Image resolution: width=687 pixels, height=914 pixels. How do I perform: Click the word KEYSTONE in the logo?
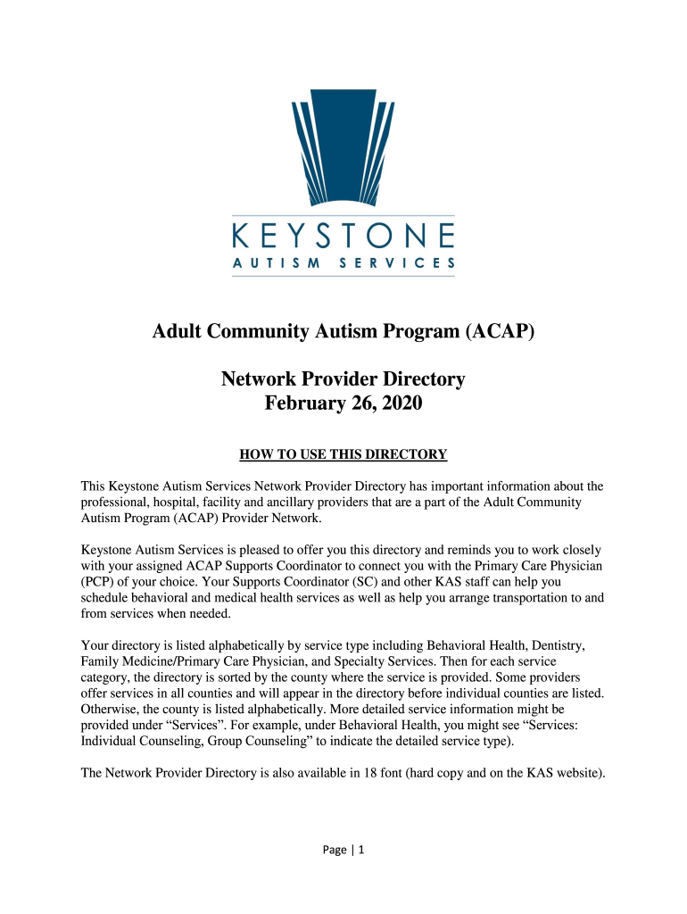(x=343, y=237)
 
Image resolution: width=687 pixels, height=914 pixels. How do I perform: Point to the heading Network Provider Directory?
(x=343, y=379)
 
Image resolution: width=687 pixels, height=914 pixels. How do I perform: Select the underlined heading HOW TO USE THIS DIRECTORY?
(x=343, y=454)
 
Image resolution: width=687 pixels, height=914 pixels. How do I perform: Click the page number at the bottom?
(x=343, y=851)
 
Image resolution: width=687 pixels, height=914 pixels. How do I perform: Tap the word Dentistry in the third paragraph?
(x=568, y=644)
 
